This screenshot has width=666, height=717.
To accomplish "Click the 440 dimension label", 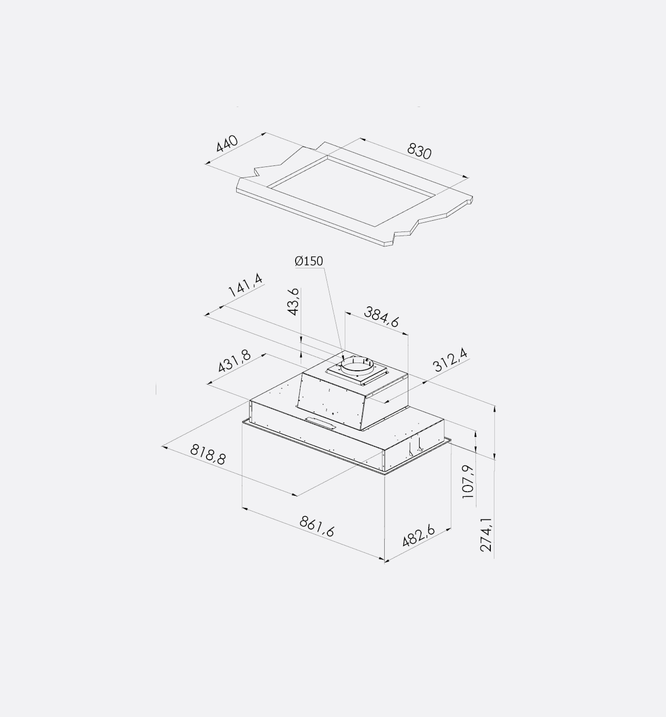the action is [x=227, y=143].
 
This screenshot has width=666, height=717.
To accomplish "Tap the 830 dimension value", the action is [x=419, y=151].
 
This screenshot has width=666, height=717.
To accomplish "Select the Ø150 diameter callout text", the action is [x=309, y=261].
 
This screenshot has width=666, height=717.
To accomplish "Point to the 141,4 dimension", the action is [x=245, y=285].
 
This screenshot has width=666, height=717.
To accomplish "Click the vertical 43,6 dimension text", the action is [x=294, y=302].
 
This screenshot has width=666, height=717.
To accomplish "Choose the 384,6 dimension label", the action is [x=381, y=317].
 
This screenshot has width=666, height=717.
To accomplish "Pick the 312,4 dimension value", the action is [x=450, y=360].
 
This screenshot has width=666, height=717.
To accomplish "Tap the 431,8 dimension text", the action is [x=234, y=361].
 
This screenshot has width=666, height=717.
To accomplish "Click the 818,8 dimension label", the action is [x=208, y=454].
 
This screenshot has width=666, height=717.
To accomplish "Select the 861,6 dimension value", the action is [x=317, y=526].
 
